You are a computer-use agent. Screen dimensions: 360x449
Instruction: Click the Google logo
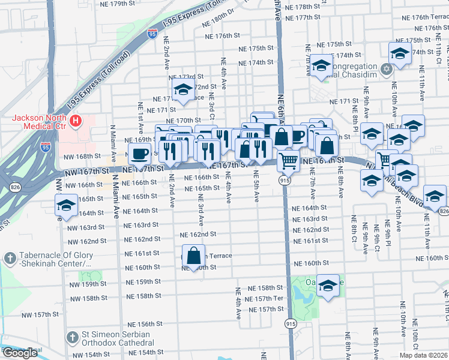(x=20, y=353)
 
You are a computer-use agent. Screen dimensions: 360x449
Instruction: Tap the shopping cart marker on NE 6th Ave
(x=289, y=160)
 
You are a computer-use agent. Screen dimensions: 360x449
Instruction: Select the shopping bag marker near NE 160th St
(x=194, y=256)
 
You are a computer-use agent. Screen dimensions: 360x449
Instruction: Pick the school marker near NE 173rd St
(x=181, y=89)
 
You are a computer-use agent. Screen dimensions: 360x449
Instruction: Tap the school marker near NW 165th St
(x=65, y=205)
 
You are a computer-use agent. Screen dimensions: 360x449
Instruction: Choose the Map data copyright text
(x=423, y=355)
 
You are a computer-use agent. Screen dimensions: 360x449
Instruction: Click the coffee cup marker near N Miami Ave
(x=139, y=154)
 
